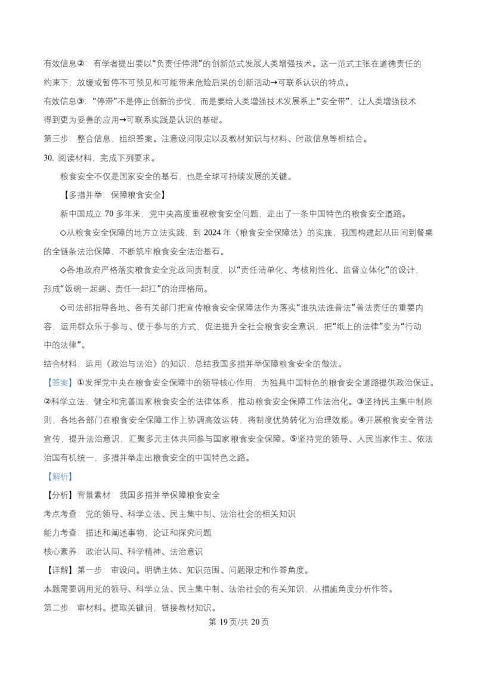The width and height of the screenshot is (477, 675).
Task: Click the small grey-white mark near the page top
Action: (324, 60)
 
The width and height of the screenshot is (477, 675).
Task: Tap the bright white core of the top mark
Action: (325, 59)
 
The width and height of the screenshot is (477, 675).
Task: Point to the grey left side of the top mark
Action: (321, 60)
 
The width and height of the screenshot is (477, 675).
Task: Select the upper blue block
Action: (60, 382)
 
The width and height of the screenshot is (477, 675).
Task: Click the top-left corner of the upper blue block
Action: (48, 378)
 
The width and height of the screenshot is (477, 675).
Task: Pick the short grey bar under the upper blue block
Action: (67, 389)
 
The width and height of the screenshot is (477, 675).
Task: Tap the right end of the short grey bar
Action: (85, 389)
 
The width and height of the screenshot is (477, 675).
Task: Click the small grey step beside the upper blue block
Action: (74, 384)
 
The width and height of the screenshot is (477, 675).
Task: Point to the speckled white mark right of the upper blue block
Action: (172, 382)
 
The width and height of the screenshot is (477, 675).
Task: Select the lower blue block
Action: (60, 476)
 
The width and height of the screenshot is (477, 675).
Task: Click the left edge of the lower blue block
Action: (48, 476)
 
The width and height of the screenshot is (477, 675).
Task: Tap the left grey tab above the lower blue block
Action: (49, 470)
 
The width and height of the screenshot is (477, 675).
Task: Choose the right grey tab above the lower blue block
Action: (69, 470)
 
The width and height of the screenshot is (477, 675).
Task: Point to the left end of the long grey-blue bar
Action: (73, 476)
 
